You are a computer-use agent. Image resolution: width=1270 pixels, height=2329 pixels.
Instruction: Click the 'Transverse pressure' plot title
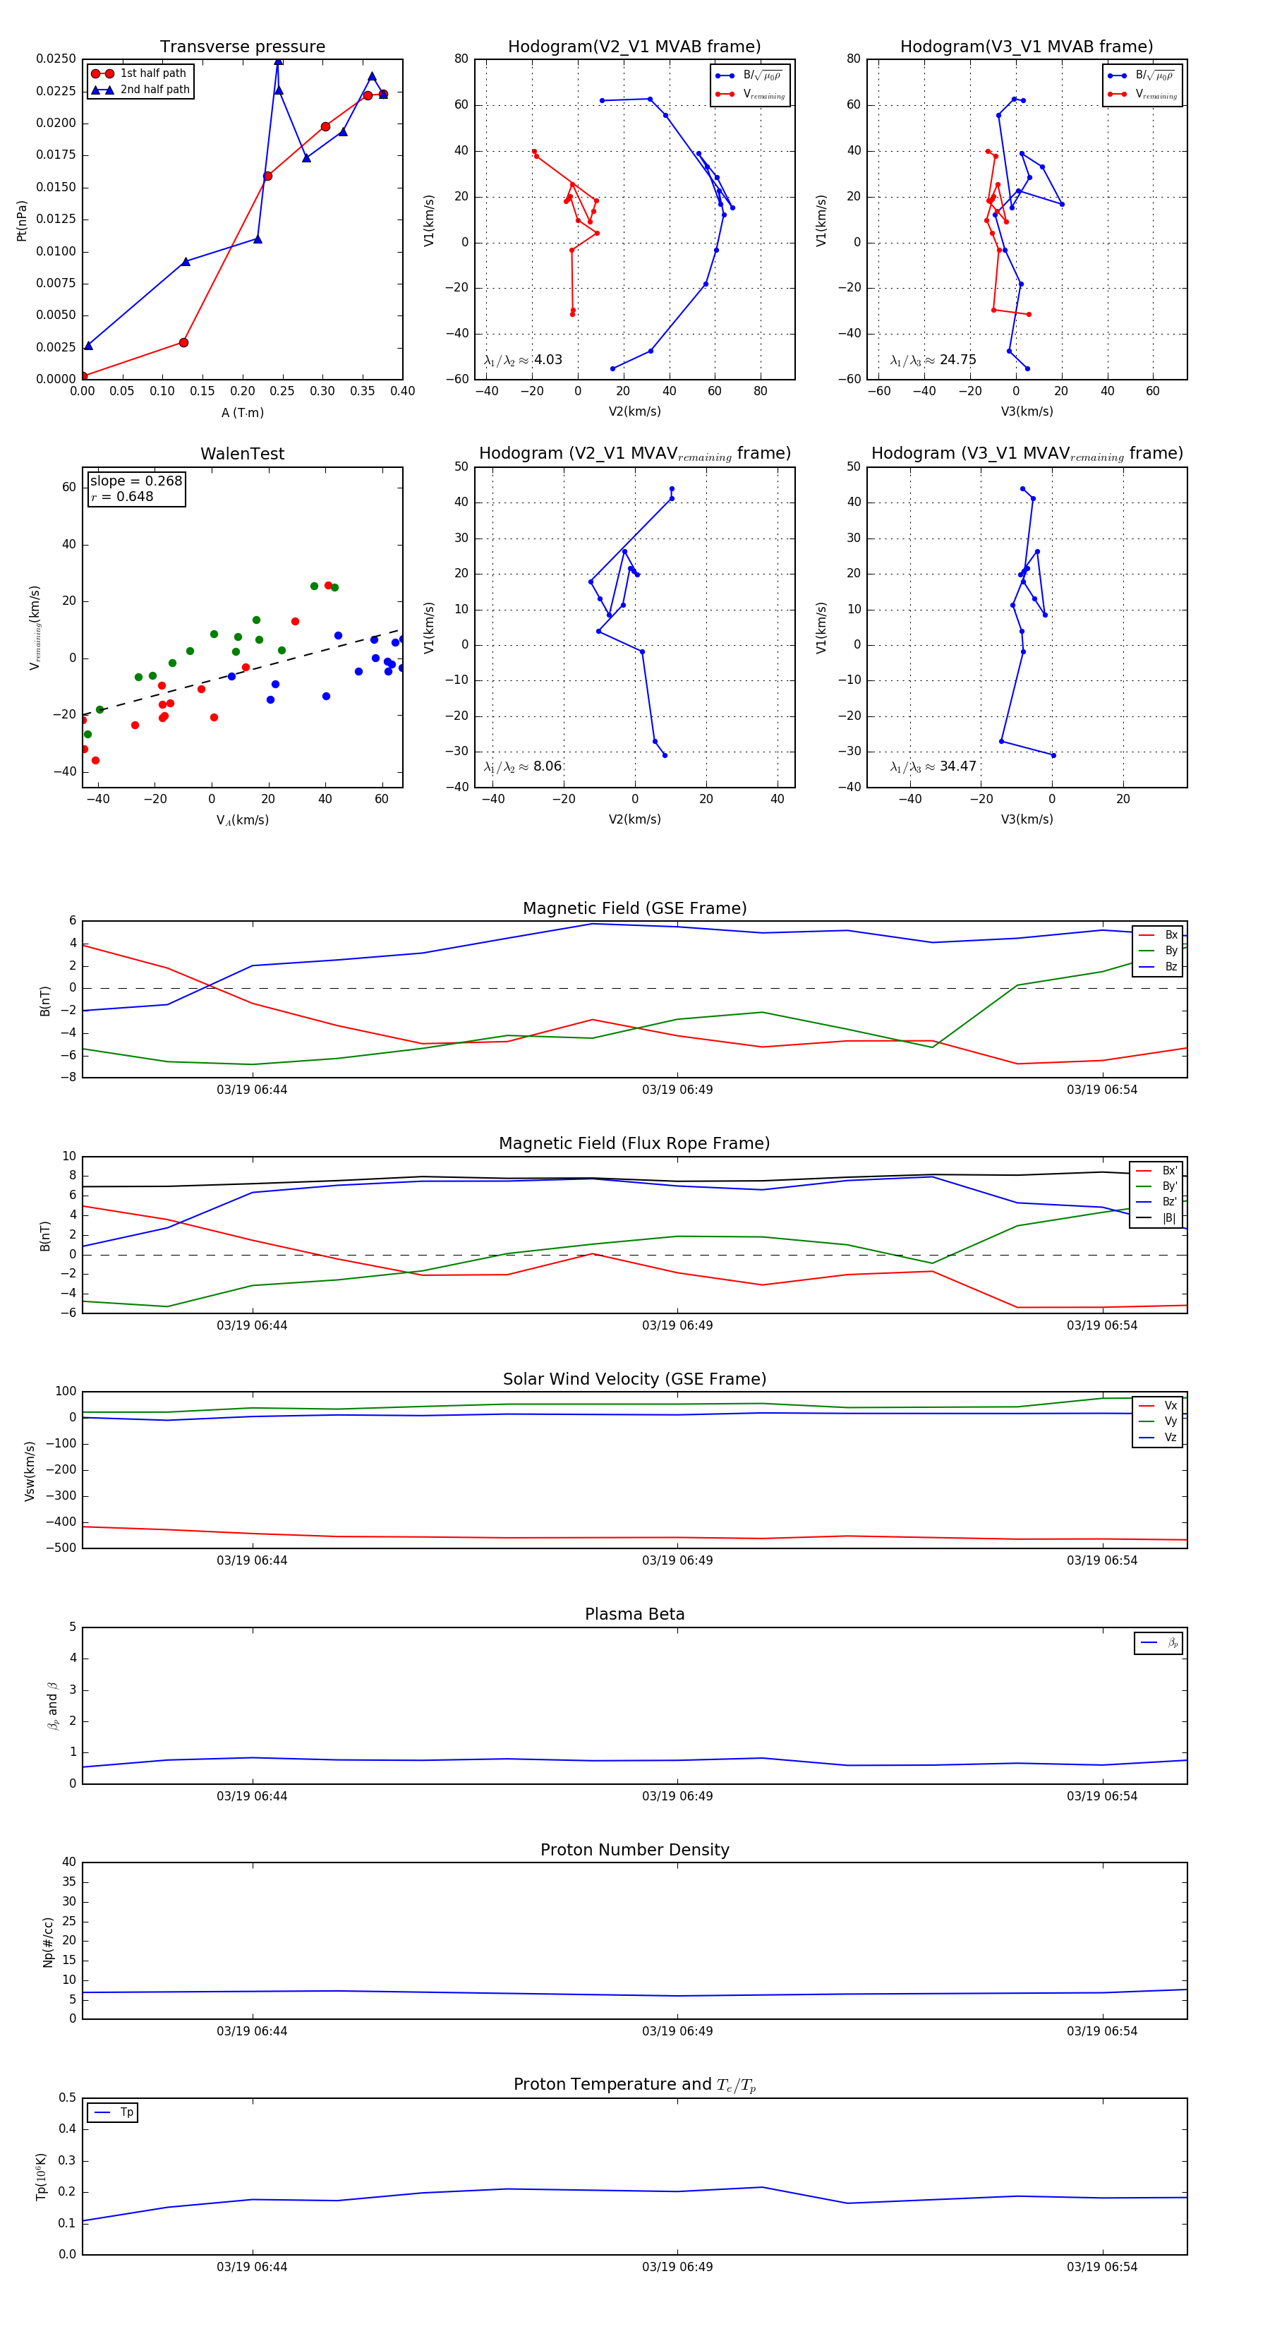pos(242,47)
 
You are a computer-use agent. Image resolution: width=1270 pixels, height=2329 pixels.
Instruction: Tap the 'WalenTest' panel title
pos(242,454)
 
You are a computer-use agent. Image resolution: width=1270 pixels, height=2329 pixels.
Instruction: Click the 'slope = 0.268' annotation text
pos(135,481)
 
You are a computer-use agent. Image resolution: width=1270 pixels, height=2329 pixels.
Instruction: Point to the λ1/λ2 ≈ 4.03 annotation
pos(522,360)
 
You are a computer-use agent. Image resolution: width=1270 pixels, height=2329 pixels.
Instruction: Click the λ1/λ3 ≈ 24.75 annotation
pos(933,360)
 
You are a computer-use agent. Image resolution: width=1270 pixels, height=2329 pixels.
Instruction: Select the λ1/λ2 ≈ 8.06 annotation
pos(522,766)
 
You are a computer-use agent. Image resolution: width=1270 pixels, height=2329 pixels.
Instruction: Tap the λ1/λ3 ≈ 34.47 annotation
pos(933,766)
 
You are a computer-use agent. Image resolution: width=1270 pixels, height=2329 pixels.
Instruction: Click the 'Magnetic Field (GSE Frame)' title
pos(634,908)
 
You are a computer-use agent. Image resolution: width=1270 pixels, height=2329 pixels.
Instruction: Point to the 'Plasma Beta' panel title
pos(634,1615)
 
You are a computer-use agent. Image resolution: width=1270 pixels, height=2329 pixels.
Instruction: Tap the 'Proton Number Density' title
pos(634,1850)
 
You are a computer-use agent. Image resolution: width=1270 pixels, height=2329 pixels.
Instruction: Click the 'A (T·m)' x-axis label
pos(242,413)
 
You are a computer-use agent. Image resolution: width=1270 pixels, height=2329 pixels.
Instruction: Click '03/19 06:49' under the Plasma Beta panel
pos(677,1795)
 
